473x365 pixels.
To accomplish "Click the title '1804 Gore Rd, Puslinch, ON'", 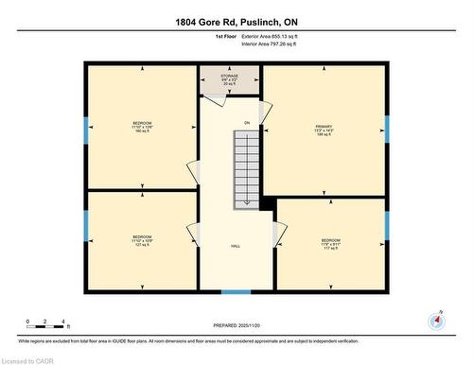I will click(x=236, y=22).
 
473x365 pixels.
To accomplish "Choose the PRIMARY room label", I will click(x=324, y=130).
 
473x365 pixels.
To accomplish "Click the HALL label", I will click(x=235, y=246).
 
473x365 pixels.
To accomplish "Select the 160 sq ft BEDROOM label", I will click(x=141, y=127).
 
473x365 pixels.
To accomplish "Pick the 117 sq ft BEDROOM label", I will click(x=330, y=243).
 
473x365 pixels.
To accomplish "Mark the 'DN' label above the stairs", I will click(x=246, y=123).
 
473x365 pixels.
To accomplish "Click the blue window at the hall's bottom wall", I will click(x=236, y=291).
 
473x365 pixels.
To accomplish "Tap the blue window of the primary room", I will click(x=387, y=129).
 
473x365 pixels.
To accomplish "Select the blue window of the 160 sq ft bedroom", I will click(x=86, y=130).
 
